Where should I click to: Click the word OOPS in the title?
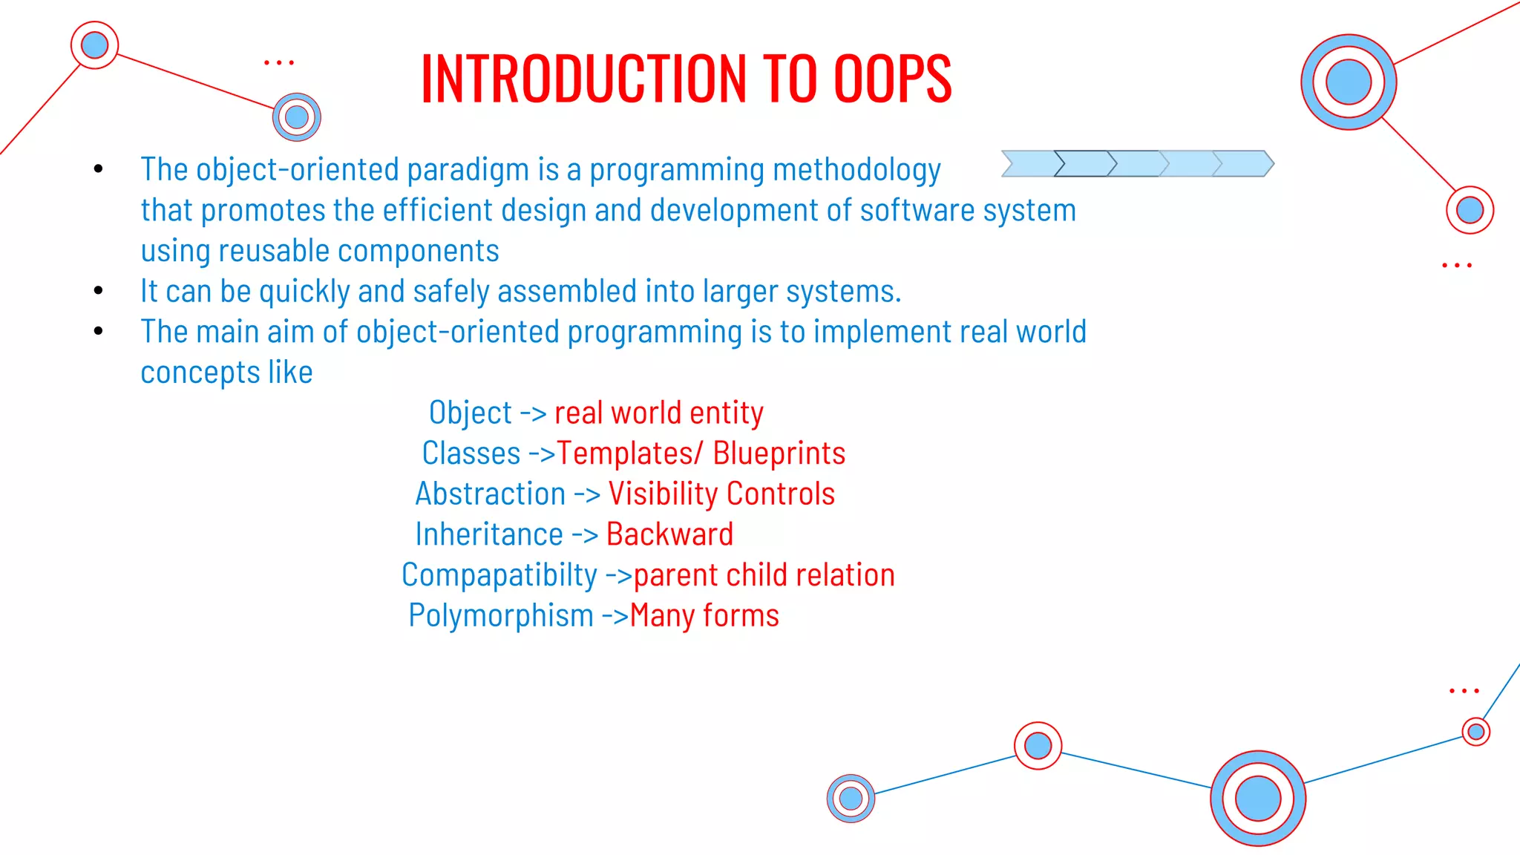[892, 79]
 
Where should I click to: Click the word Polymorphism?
[501, 616]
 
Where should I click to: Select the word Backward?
[669, 534]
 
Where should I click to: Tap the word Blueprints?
[779, 453]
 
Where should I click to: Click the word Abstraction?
[491, 494]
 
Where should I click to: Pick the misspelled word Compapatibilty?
[499, 575]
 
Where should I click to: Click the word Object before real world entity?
[471, 413]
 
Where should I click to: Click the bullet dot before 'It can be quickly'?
[99, 291]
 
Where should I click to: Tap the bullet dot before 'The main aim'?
[99, 331]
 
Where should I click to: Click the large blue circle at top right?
[1348, 82]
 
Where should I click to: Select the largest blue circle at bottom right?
[1257, 799]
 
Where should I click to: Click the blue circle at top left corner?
[94, 45]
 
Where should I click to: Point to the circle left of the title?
[297, 117]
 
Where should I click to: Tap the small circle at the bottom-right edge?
[1475, 732]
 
